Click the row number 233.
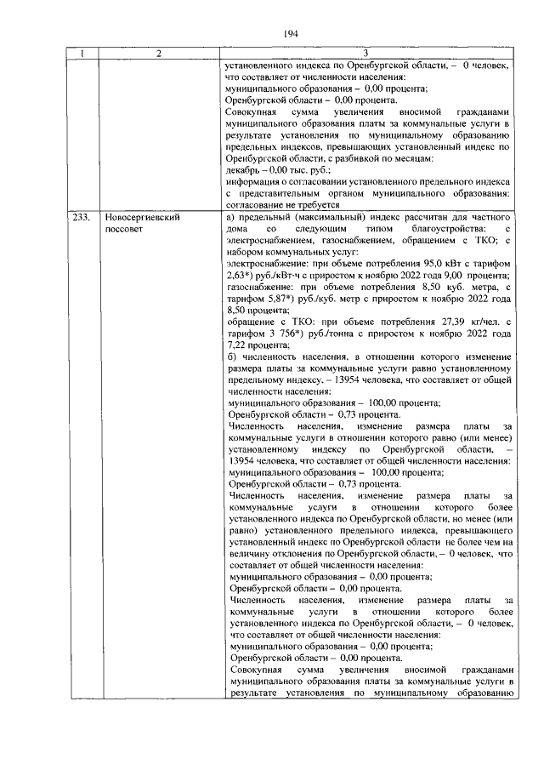(x=82, y=219)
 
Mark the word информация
(x=256, y=182)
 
